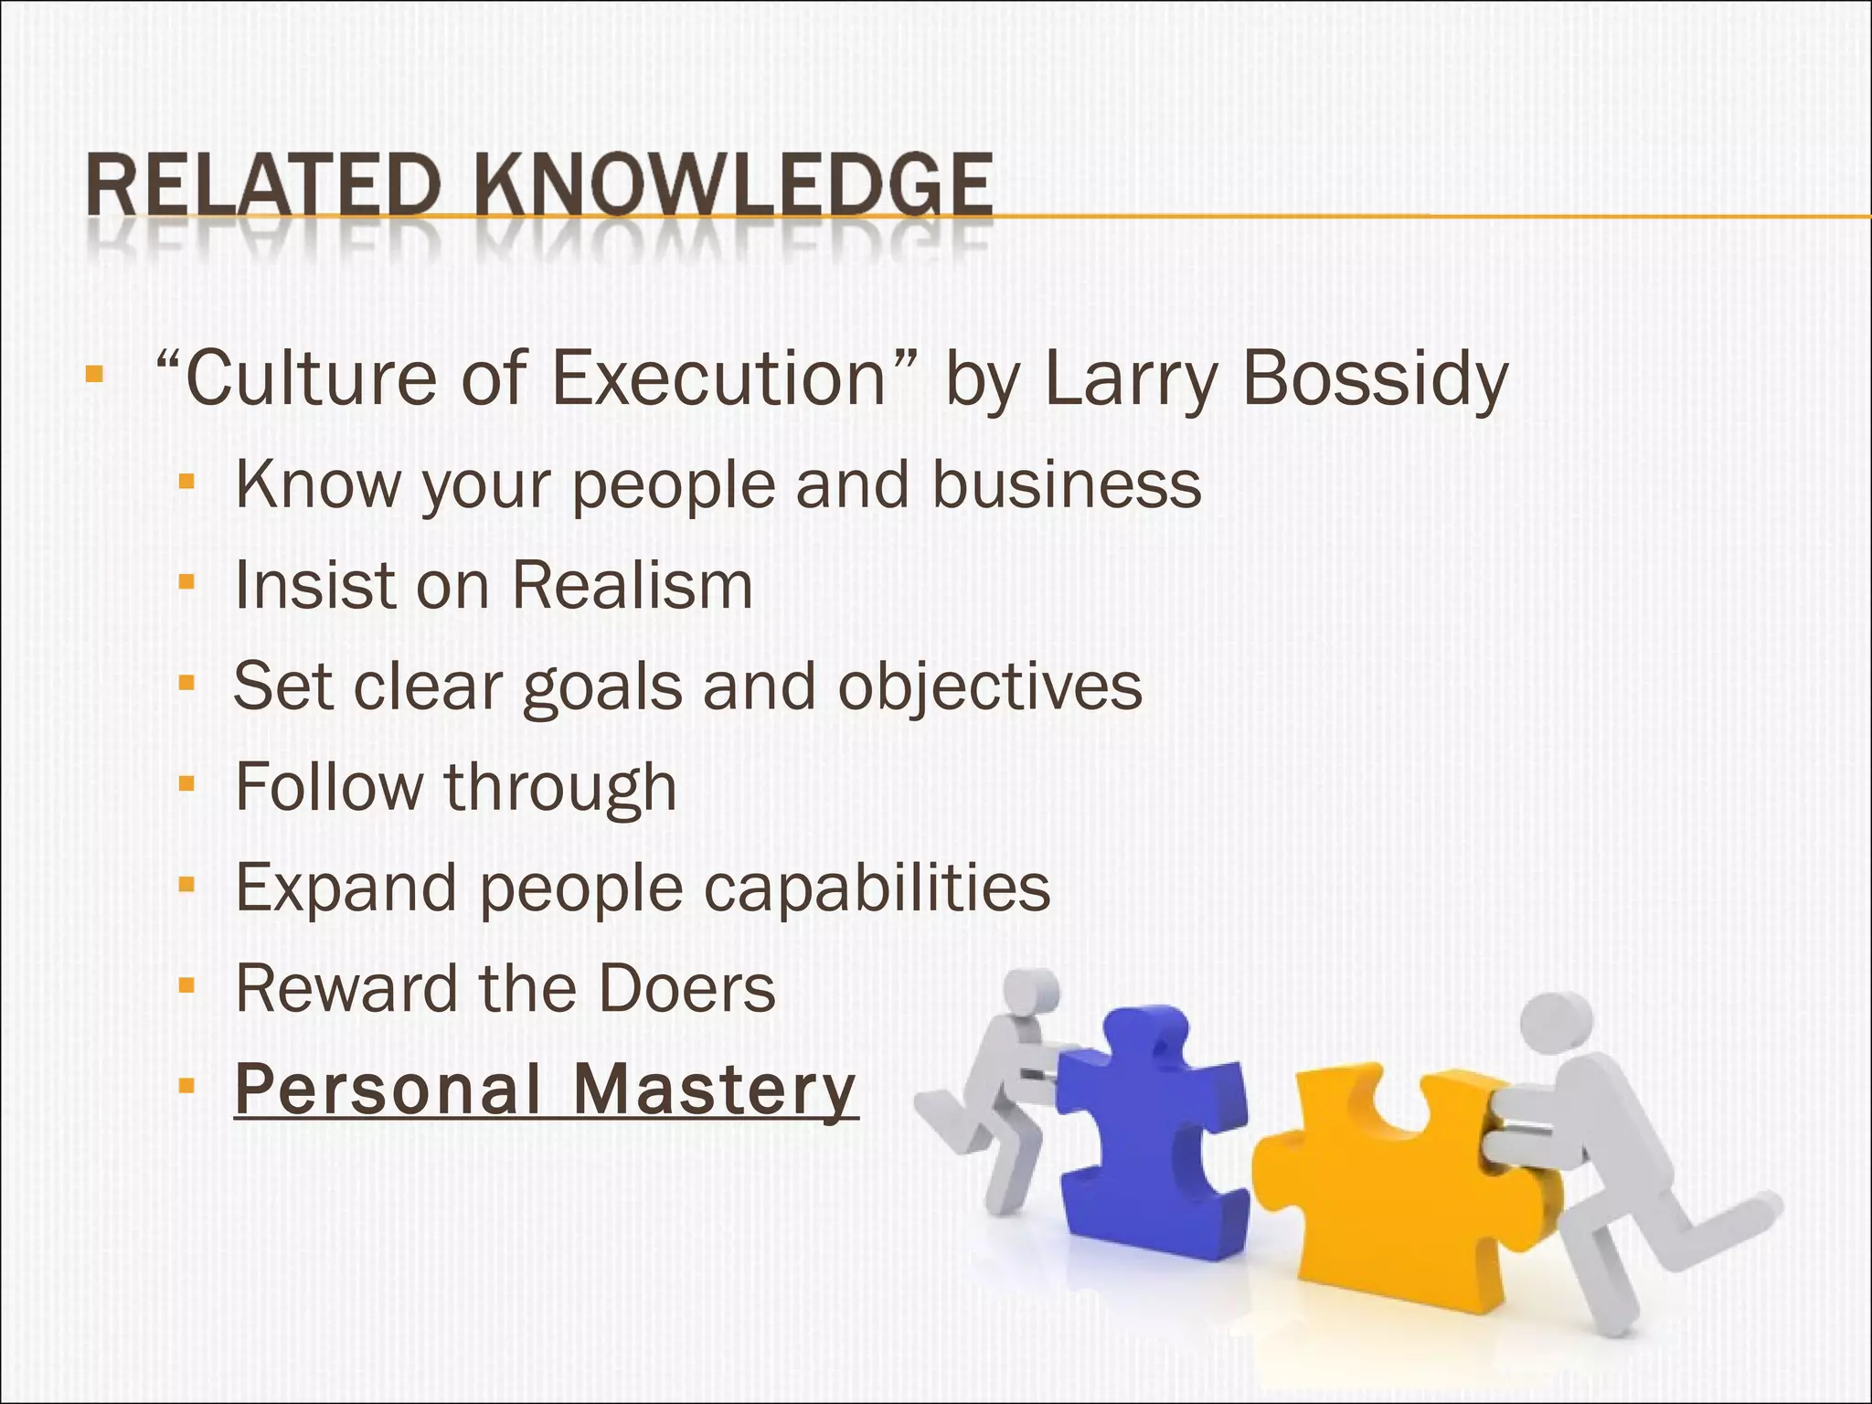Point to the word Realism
632,586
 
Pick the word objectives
990,687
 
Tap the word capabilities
877,888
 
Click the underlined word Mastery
715,1089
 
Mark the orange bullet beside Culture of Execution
93,374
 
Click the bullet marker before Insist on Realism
187,581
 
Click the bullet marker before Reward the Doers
187,985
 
